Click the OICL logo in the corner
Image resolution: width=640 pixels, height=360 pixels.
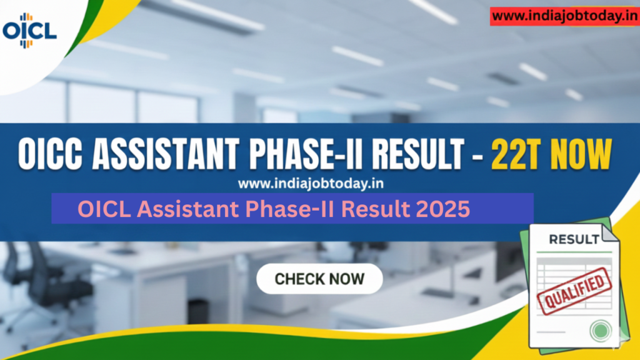pos(29,29)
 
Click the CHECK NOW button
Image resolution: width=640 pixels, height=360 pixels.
pos(319,279)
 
